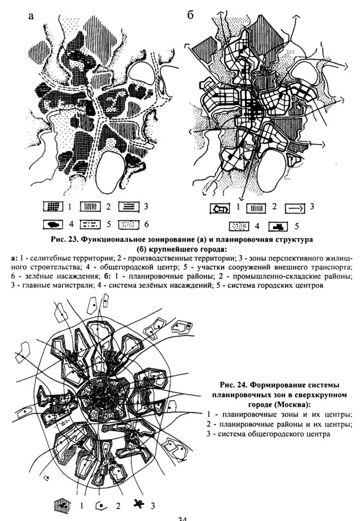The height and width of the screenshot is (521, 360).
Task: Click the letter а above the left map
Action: click(31, 16)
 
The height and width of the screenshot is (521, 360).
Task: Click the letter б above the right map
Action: click(190, 15)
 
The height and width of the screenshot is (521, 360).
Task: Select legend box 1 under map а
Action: click(53, 207)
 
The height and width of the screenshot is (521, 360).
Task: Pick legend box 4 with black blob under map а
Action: click(53, 225)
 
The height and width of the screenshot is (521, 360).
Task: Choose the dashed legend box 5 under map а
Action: click(90, 225)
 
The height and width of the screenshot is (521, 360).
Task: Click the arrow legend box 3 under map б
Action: click(295, 209)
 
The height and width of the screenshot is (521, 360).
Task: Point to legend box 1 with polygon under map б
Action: click(220, 209)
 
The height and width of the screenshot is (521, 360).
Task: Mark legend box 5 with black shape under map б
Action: click(279, 226)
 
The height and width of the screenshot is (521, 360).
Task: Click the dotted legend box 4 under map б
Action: click(239, 226)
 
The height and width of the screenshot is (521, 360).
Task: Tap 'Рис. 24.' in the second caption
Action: click(233, 385)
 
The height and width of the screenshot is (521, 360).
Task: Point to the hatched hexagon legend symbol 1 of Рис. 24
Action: click(63, 506)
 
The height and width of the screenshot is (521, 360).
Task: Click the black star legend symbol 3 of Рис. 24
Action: click(140, 505)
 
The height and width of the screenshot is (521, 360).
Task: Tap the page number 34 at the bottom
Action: click(183, 519)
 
